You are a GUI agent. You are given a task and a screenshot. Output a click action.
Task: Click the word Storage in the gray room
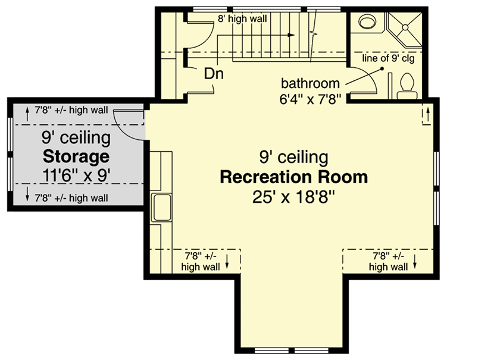76,157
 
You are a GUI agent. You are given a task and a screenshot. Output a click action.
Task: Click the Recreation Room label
293,177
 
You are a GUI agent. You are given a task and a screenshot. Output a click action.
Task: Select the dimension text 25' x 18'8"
294,197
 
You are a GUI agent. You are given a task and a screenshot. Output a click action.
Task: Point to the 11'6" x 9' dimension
76,176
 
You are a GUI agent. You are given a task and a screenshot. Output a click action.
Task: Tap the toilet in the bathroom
408,83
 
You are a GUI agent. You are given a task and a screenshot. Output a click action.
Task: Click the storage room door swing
126,122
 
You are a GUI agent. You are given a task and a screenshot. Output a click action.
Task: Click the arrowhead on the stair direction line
291,35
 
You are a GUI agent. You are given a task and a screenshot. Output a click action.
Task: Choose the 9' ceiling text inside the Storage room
76,138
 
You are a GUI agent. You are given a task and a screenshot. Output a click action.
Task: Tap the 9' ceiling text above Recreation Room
293,157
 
